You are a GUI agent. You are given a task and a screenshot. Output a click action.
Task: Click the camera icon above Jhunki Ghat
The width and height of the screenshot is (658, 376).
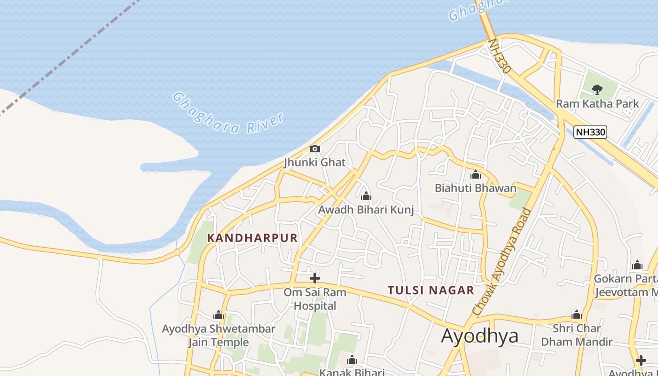314,149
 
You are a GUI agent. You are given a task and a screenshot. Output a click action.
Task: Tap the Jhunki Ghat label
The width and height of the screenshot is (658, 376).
314,163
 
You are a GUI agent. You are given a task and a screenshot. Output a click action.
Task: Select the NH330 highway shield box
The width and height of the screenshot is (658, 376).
590,132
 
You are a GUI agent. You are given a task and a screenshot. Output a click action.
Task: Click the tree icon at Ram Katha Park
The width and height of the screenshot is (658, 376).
597,89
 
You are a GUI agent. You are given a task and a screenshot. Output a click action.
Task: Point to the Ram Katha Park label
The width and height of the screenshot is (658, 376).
597,103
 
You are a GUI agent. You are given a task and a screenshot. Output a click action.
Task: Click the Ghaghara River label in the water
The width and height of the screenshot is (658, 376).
228,113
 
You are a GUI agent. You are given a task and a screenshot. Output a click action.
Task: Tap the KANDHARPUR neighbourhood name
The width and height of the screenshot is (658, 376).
252,238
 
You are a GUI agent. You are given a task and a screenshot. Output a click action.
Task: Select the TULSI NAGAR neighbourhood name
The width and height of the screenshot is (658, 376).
431,290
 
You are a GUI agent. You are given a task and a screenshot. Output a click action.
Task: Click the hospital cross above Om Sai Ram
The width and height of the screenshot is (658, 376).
314,278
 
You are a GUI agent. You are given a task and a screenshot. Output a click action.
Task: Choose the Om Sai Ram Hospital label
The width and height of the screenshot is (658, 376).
315,299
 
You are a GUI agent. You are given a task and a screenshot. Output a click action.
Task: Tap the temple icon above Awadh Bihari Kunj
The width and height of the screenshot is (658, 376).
366,196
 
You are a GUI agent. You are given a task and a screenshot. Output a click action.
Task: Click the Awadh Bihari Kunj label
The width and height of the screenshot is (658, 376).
366,210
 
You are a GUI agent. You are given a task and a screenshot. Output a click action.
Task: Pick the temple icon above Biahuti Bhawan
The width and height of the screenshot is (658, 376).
476,175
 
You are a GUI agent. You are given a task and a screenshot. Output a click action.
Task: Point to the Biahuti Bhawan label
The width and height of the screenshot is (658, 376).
475,188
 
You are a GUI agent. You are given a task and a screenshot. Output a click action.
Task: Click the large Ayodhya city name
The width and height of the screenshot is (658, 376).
480,336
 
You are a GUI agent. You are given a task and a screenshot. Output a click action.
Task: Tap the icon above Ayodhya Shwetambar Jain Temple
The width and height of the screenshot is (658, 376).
218,315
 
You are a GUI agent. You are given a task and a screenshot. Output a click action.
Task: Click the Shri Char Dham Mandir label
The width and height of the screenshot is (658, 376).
577,335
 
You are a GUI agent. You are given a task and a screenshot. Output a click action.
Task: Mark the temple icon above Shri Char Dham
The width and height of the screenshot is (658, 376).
577,315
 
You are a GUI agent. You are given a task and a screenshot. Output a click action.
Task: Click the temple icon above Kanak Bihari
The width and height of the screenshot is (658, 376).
352,360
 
